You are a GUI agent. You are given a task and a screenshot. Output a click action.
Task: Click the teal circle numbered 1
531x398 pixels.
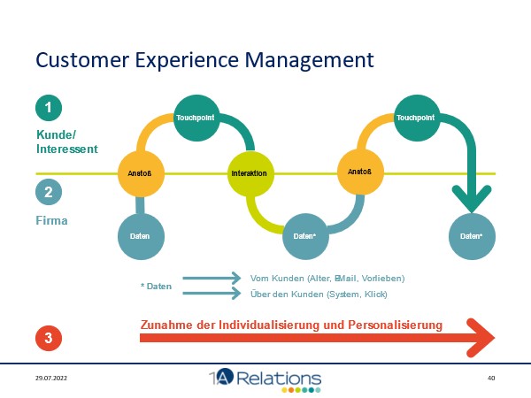pos(49,108)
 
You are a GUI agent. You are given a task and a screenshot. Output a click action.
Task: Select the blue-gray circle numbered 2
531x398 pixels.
pos(49,191)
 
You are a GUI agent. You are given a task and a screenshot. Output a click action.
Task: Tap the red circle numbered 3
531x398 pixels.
pos(49,338)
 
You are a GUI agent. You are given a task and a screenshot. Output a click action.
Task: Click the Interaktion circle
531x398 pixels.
pos(250,172)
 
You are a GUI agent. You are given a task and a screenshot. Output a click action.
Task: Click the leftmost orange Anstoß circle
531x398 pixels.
pos(141,172)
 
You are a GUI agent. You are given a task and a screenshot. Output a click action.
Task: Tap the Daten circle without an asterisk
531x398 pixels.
pos(141,236)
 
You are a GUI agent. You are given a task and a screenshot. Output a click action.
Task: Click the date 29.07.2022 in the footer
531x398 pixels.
pos(51,379)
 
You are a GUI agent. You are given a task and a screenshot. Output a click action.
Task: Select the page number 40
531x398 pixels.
pos(491,379)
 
